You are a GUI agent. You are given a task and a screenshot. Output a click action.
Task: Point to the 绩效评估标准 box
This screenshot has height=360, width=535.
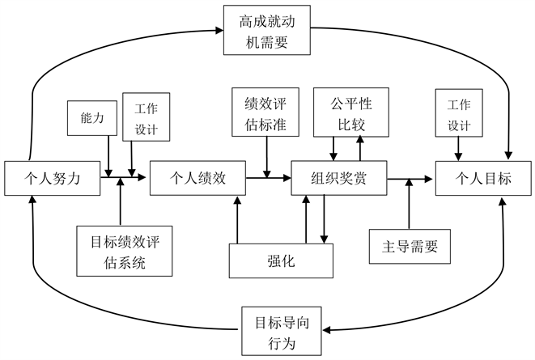tap(266, 113)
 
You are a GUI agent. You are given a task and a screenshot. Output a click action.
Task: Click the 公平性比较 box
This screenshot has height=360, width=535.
tap(348, 113)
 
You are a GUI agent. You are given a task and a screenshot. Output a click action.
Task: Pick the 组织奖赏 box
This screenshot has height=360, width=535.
tap(339, 177)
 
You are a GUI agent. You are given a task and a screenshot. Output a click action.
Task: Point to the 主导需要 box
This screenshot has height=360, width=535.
tap(409, 246)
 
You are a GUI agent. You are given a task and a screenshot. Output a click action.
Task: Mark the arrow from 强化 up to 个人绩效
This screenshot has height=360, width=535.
tap(236, 218)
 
